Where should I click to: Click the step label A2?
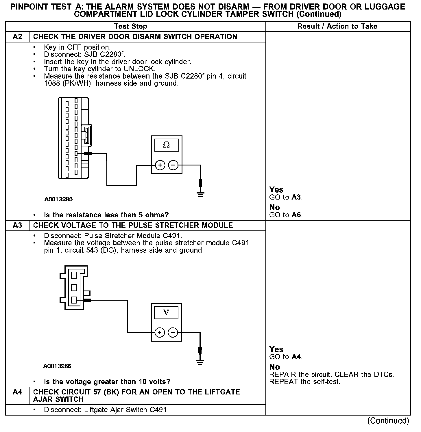(x=18, y=37)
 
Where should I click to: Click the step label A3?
(x=18, y=225)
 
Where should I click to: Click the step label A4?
(x=18, y=392)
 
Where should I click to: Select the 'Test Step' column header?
(x=130, y=26)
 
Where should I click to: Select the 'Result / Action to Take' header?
(x=337, y=26)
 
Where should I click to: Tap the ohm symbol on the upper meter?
(x=167, y=145)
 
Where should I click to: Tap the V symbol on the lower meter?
(x=166, y=312)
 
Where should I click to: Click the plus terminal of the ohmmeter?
(x=160, y=165)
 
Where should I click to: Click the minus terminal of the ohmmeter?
(x=173, y=165)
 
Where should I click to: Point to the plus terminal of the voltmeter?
(x=160, y=333)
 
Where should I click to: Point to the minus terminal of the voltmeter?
(x=173, y=333)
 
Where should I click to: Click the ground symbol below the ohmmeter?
(x=201, y=194)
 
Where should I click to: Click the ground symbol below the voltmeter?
(x=200, y=362)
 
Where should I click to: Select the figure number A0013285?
(x=59, y=199)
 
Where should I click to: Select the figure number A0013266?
(x=57, y=366)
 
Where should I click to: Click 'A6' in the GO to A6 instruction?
(x=296, y=215)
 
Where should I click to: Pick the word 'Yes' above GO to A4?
(x=276, y=349)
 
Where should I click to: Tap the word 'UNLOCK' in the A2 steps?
(x=139, y=69)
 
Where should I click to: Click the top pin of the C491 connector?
(x=74, y=275)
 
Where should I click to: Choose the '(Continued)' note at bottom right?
(x=388, y=421)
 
